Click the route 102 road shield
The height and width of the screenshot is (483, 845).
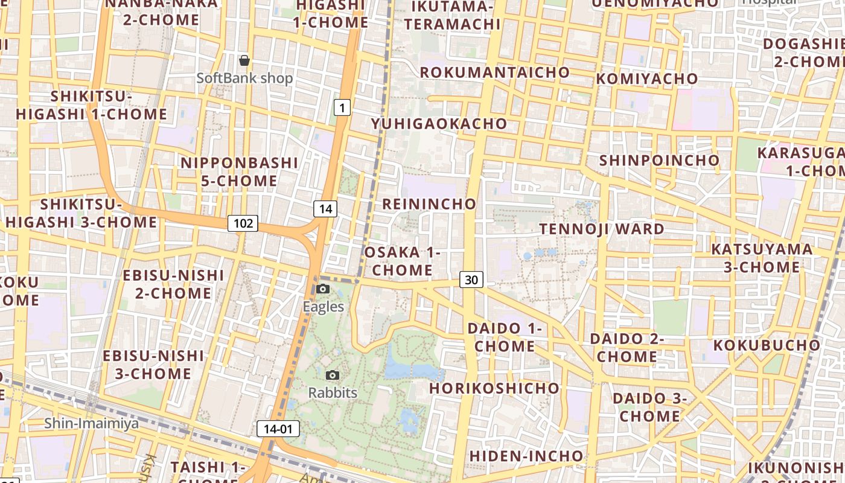click(x=243, y=223)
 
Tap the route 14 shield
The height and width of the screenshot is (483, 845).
click(x=325, y=209)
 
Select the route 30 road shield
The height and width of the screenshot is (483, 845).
click(x=471, y=280)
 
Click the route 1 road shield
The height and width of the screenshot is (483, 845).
click(x=342, y=108)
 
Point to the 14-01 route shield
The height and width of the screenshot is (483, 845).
click(x=278, y=429)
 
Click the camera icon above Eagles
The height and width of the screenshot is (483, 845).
click(x=323, y=289)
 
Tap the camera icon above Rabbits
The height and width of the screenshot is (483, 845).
click(x=333, y=375)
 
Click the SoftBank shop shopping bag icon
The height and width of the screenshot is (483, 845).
click(x=244, y=60)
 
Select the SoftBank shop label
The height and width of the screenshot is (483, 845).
click(x=244, y=78)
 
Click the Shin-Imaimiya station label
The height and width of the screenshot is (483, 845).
click(x=91, y=423)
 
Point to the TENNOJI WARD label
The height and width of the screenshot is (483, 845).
click(x=602, y=229)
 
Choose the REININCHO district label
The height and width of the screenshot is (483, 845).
click(x=429, y=204)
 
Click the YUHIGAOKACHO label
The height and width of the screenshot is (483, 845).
click(x=439, y=124)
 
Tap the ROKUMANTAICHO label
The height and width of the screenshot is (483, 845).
click(x=494, y=72)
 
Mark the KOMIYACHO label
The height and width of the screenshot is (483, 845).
click(x=646, y=79)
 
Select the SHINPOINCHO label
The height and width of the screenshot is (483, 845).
click(x=659, y=161)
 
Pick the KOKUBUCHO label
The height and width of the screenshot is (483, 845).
click(x=767, y=345)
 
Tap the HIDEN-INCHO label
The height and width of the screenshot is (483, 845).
click(x=526, y=456)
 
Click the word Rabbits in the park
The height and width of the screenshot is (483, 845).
click(x=333, y=393)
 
